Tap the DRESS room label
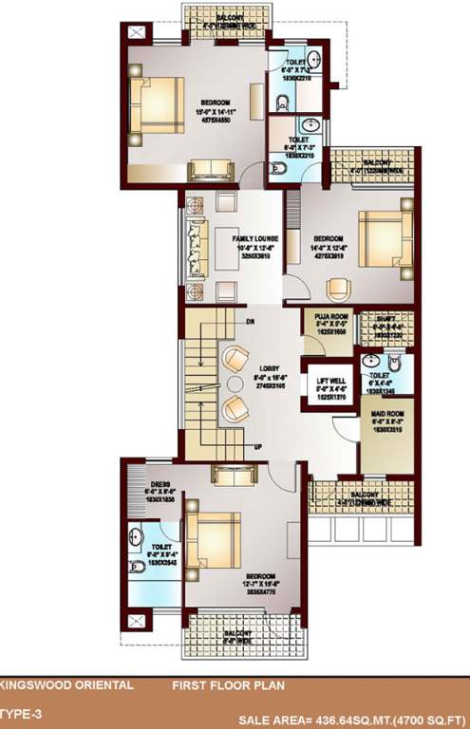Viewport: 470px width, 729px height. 146,465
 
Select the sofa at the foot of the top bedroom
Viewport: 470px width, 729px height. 212,170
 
